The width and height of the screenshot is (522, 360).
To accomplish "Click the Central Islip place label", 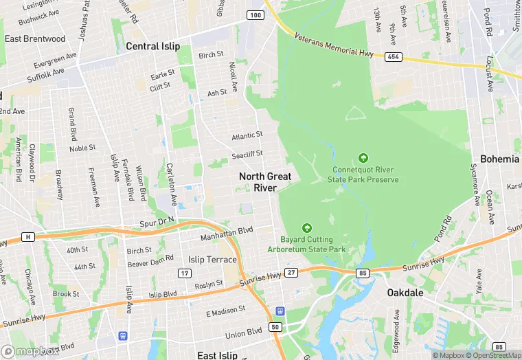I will click(152, 46).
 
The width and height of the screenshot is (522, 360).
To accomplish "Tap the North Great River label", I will click(265, 182).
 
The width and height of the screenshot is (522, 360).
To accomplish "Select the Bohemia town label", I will click(499, 159).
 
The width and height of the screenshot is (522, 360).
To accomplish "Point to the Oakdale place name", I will click(405, 292).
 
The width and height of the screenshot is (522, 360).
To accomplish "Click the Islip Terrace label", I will click(212, 260).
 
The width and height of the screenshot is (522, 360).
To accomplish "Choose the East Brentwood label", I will click(35, 38).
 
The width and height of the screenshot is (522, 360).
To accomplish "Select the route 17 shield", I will click(185, 273).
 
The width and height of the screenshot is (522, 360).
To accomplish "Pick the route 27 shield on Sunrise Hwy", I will click(291, 273).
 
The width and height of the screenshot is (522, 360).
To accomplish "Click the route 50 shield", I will click(276, 327).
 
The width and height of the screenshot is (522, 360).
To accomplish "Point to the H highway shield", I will click(27, 237).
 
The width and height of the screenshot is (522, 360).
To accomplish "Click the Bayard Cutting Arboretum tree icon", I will click(306, 227).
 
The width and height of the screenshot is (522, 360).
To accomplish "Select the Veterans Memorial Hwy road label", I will click(335, 44).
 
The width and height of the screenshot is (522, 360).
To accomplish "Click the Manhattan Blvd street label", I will click(227, 234).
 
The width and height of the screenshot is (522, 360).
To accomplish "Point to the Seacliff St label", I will click(247, 155).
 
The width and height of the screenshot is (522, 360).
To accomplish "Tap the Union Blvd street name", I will click(243, 333).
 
